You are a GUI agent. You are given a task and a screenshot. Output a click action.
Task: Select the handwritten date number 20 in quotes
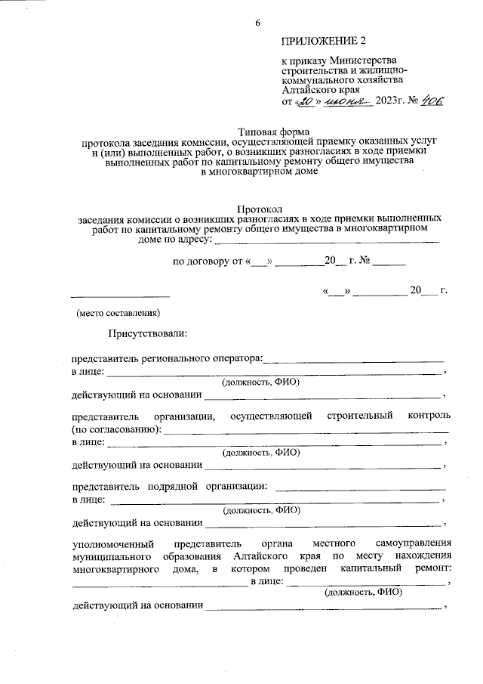pos(305,100)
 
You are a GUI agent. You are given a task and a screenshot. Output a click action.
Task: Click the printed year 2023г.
pos(393,101)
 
